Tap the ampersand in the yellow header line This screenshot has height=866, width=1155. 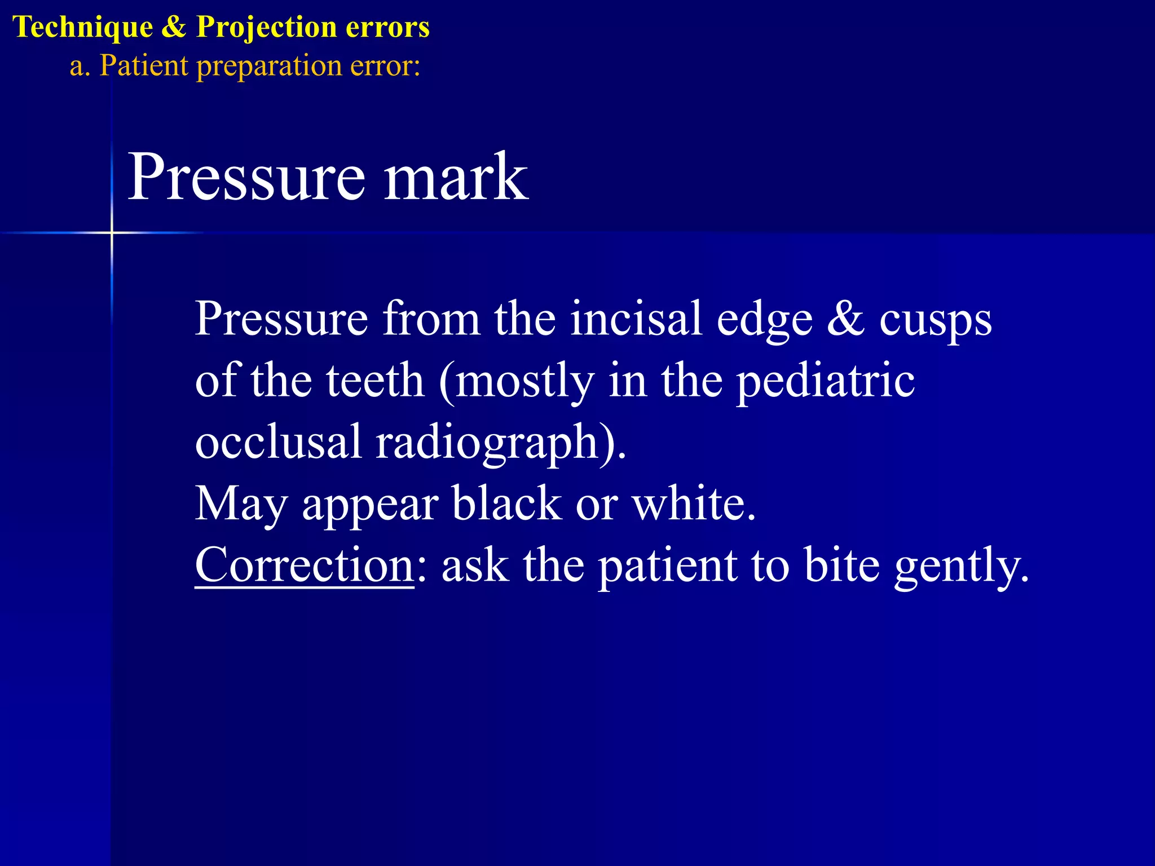click(174, 27)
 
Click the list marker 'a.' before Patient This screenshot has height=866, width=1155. click(80, 67)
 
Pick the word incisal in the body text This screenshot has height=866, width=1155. click(636, 319)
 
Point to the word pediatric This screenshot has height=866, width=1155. click(826, 381)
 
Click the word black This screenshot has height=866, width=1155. click(506, 503)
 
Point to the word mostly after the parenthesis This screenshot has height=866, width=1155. click(524, 381)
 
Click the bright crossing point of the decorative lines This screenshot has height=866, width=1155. click(112, 232)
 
